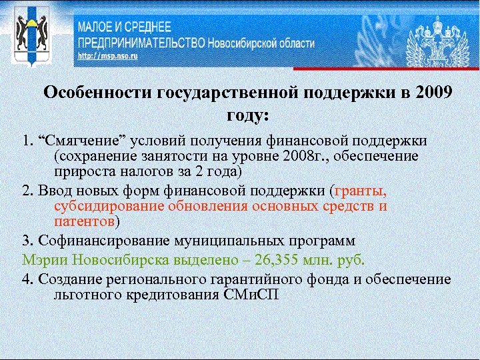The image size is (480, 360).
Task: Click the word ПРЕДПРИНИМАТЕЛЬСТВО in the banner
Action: (139, 43)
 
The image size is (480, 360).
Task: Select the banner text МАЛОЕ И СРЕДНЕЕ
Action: (125, 28)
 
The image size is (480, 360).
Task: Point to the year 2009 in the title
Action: (432, 93)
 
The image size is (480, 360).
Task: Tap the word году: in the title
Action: (247, 115)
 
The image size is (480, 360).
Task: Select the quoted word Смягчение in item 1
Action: (74, 141)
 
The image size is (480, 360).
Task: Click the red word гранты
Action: (361, 189)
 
